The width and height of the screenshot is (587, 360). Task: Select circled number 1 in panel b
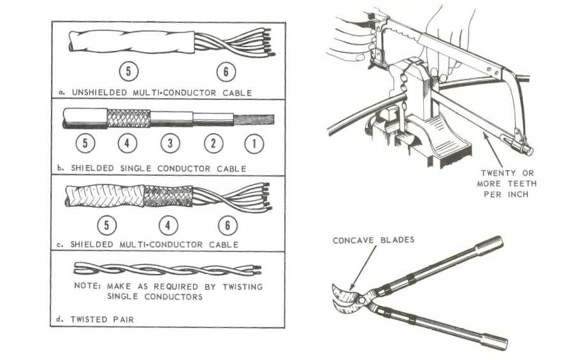point(254,144)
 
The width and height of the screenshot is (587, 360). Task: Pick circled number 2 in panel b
point(214,144)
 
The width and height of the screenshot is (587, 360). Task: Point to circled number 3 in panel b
point(170,144)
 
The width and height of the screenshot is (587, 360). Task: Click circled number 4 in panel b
point(127,144)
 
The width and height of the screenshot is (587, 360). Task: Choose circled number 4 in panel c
point(170,225)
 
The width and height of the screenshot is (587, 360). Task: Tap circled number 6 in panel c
point(227,225)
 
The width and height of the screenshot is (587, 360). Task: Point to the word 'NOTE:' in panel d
point(87,286)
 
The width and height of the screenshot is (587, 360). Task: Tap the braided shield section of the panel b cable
point(128,119)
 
